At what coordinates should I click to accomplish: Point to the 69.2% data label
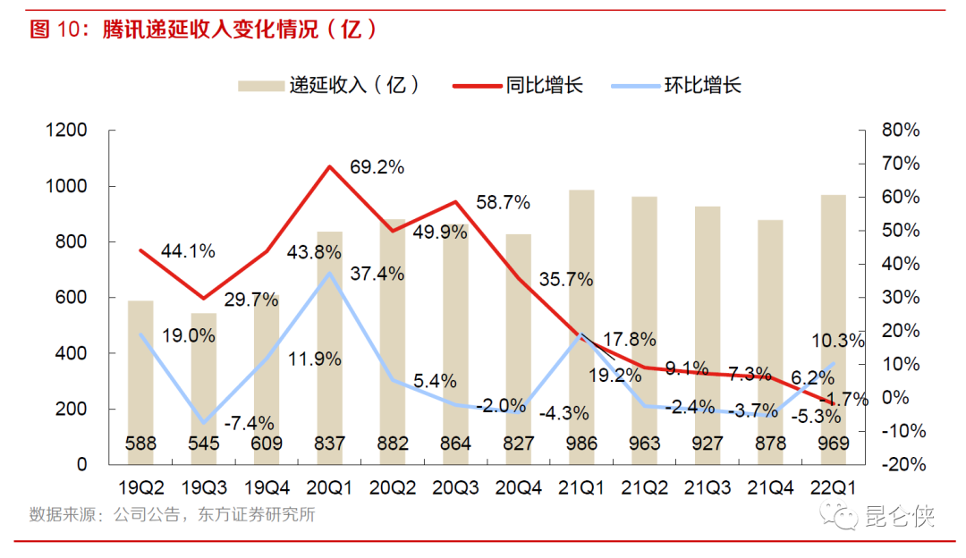pos(377,166)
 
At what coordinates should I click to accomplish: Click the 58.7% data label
pos(503,203)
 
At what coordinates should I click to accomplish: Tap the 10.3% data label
pos(838,341)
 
